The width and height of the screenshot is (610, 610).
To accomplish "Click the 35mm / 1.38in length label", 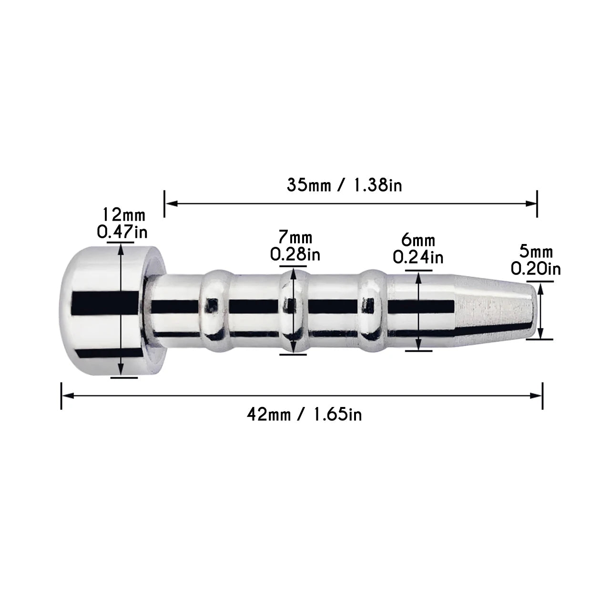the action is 344,185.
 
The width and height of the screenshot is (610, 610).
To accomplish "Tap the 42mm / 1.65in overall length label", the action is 304,414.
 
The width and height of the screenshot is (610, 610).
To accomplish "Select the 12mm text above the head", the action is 123,215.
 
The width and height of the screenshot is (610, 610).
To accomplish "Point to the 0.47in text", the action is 122,232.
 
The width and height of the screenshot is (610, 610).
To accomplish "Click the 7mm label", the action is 295,237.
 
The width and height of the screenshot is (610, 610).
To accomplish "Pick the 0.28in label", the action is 295,254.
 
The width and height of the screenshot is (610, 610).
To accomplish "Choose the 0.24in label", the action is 418,257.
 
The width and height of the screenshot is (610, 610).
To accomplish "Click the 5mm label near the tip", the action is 536,252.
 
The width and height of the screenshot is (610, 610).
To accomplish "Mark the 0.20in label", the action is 536,269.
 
